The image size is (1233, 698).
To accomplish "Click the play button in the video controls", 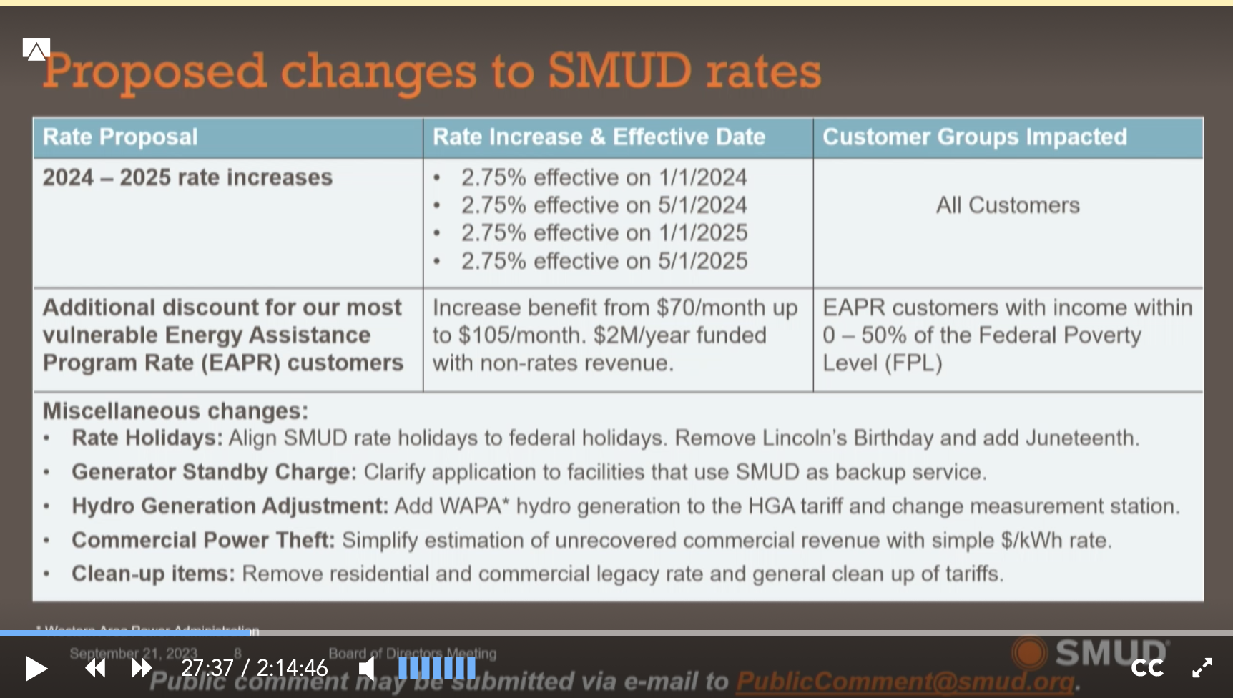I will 36,669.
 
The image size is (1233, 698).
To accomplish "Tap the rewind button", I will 95,669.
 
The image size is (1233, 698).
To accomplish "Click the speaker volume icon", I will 367,669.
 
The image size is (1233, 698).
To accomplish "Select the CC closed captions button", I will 1146,668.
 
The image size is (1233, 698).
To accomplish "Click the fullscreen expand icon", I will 1202,668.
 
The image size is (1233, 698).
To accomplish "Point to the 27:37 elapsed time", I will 207,668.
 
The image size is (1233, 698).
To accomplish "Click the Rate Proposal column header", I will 120,137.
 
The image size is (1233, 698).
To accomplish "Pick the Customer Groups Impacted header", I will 974,137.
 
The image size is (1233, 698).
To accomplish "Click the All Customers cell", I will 1008,205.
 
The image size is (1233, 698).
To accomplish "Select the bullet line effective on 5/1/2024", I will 604,205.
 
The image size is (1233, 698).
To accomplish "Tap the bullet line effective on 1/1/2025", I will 604,233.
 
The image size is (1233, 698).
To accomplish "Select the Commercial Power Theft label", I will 203,540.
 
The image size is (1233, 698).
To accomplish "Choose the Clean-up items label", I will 153,574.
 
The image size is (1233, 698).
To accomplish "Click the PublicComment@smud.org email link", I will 905,682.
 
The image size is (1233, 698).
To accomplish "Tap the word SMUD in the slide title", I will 620,72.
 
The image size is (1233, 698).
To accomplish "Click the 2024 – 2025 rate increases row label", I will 187,177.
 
